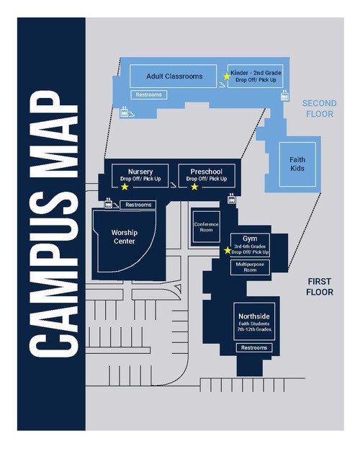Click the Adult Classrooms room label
pos(174,76)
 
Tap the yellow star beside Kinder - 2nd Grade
pos(227,76)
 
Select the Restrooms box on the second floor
pos(149,95)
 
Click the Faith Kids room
pos(297,164)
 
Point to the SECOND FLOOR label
pos(320,109)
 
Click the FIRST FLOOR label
pos(320,287)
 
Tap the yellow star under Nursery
pos(125,187)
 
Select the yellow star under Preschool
pos(194,187)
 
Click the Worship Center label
pos(125,237)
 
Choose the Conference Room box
pos(207,227)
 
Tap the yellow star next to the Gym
pos(228,251)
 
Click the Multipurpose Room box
pos(250,267)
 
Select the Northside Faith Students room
pos(254,321)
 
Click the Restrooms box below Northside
pos(254,347)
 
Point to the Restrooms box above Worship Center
pos(138,205)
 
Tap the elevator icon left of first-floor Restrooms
pos(109,203)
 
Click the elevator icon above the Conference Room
pos(232,199)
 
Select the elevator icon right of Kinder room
pos(284,96)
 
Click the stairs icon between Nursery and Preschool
pos(173,185)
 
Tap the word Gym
pos(250,239)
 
